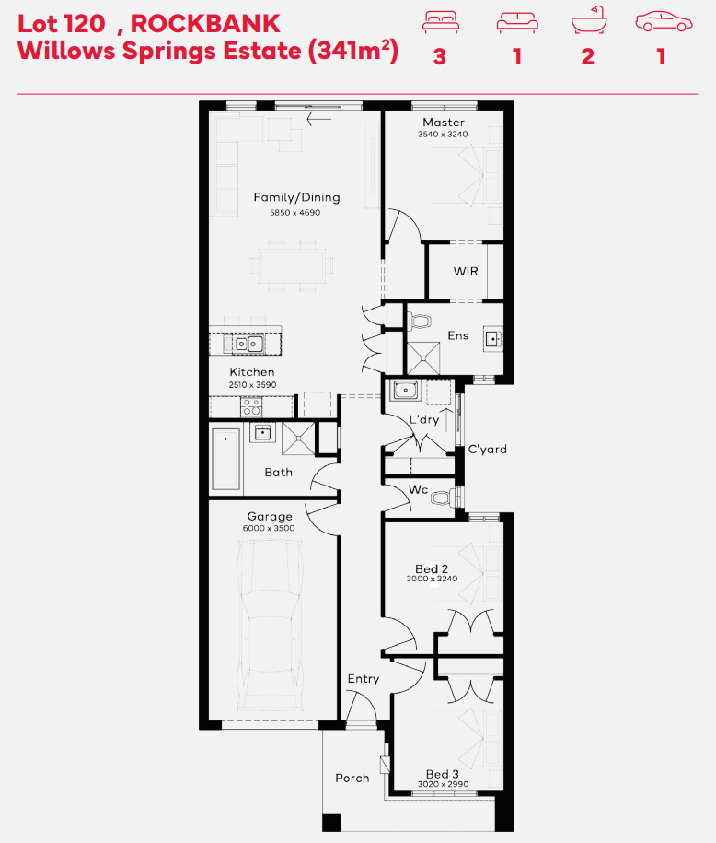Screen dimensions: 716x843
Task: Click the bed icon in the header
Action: pos(441,23)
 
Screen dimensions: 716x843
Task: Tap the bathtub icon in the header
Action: pos(589,20)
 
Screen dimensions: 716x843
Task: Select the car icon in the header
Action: pos(664,22)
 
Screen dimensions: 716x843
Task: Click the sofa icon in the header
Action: pos(517,23)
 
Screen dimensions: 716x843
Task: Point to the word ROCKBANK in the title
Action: pos(205,24)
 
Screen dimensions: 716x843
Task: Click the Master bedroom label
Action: pos(444,123)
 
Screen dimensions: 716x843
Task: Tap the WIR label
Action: pos(466,272)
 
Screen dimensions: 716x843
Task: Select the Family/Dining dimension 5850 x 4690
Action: pos(294,213)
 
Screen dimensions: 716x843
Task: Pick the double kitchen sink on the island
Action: pos(248,344)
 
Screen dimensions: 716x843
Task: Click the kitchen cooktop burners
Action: pos(251,407)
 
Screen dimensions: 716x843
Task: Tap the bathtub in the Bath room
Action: pos(225,459)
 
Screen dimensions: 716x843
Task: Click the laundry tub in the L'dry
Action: pos(406,389)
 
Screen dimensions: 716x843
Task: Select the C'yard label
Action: pos(487,449)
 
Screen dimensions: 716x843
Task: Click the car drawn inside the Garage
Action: pos(270,625)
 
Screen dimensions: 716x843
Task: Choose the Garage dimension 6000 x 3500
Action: pos(269,528)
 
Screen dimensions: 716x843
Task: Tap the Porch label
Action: pos(352,778)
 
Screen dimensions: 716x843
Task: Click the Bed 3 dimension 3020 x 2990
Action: pos(444,784)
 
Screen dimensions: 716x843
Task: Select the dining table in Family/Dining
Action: pos(292,266)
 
